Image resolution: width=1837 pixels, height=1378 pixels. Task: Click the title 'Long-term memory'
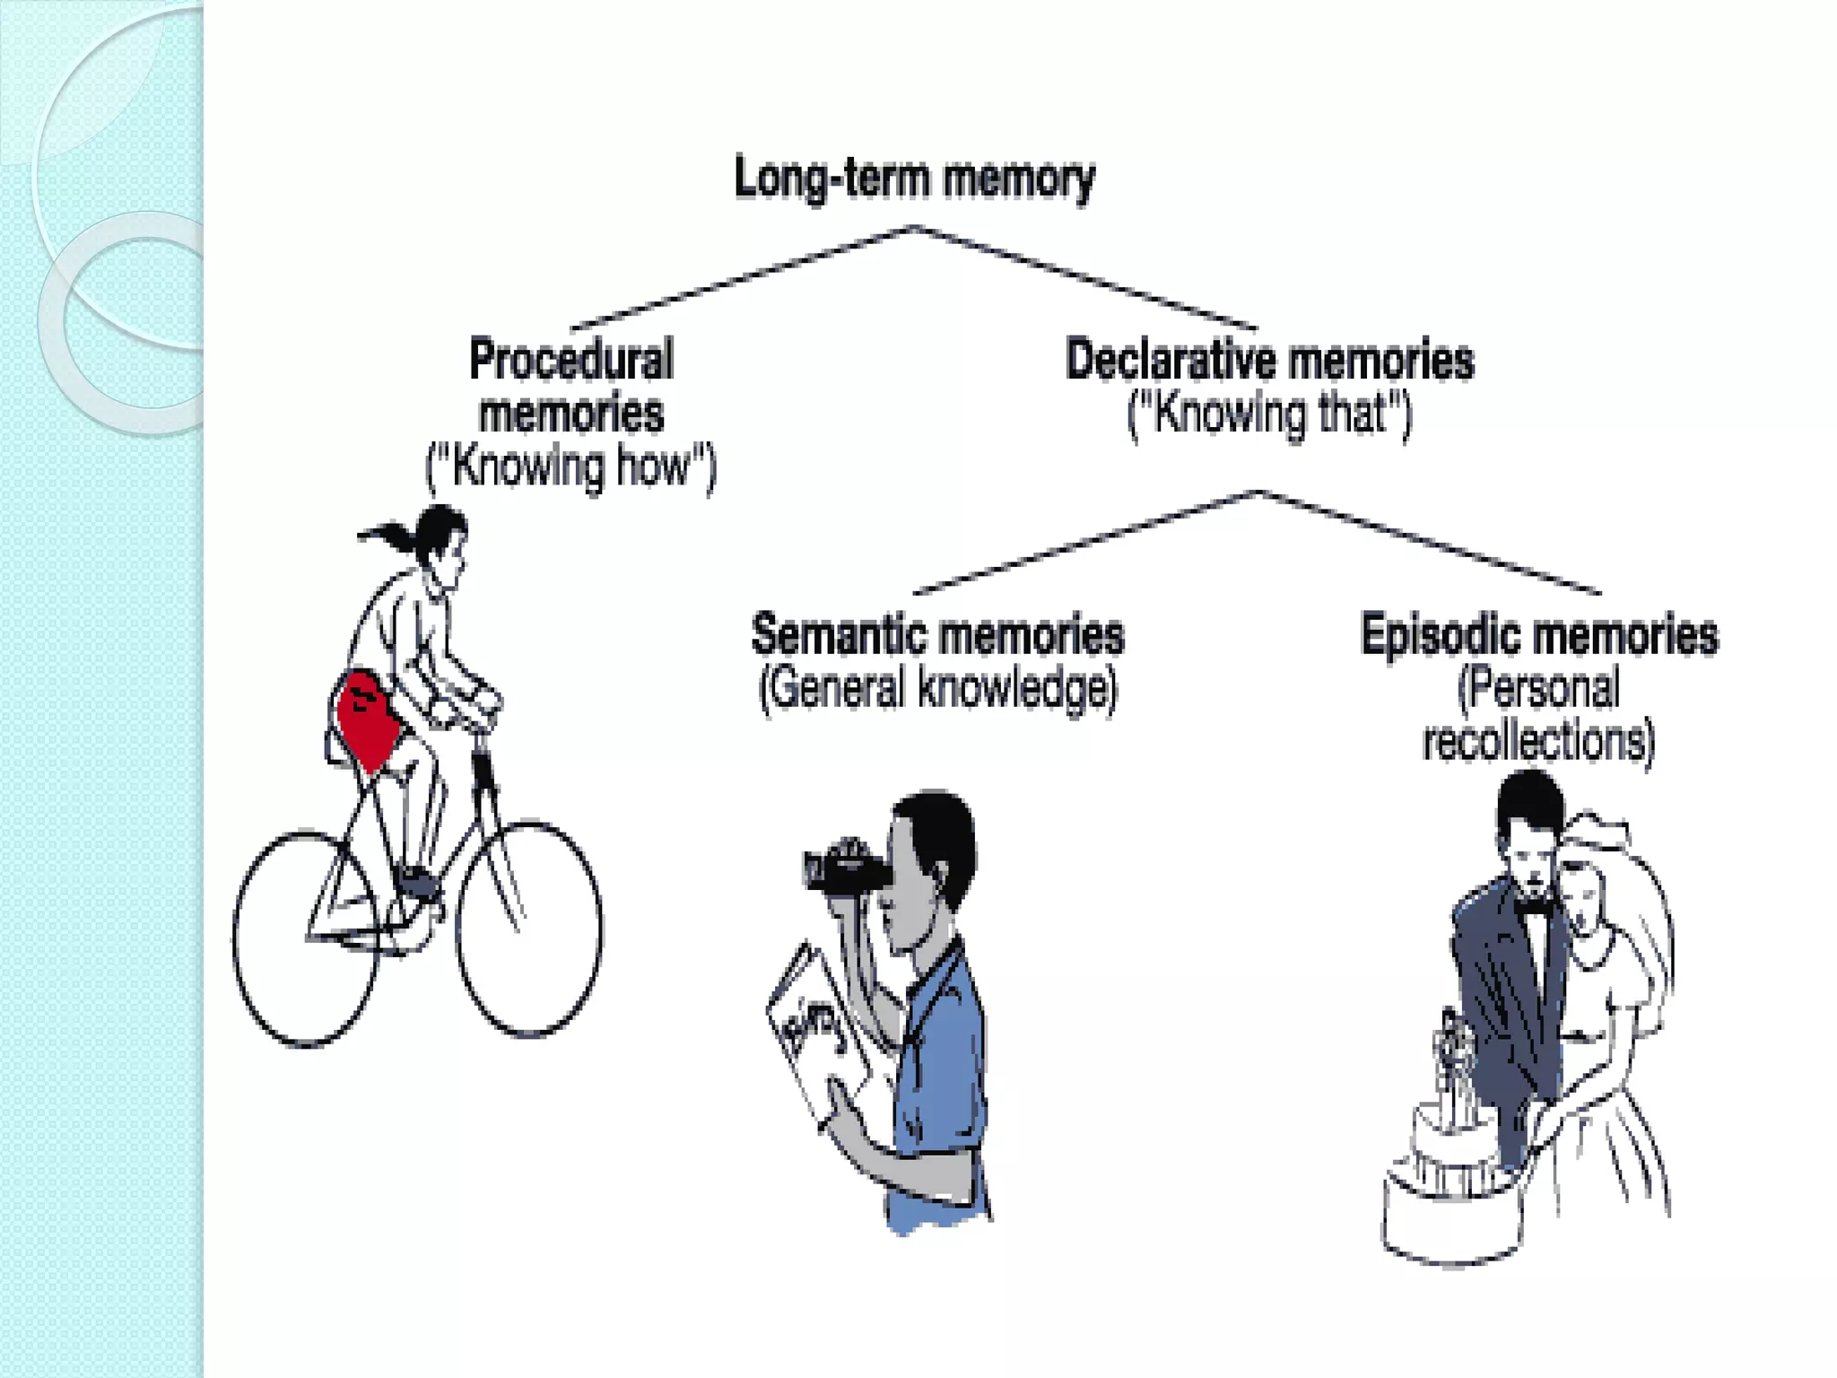[914, 178]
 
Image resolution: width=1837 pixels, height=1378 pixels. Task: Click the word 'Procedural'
[571, 360]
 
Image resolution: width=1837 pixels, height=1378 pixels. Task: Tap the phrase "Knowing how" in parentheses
[571, 467]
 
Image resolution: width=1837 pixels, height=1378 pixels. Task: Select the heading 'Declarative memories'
[1269, 360]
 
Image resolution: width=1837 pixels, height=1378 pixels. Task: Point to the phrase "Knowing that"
[1269, 414]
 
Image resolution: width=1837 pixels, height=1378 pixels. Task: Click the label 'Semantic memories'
[937, 634]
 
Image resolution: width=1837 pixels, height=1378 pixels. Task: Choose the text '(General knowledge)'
[937, 689]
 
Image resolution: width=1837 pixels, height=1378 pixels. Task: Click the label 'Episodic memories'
[1539, 634]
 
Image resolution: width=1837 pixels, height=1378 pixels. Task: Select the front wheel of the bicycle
[529, 929]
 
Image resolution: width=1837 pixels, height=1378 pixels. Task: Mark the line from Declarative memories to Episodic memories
[1431, 543]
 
